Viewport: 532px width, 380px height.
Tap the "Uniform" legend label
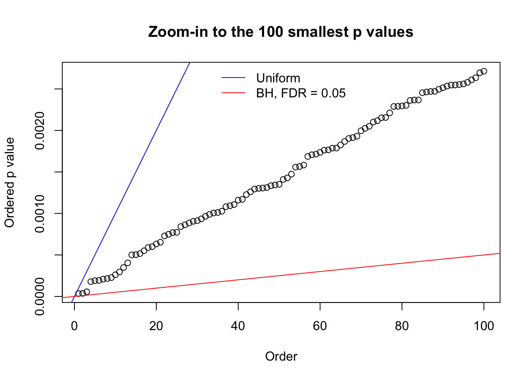click(278, 78)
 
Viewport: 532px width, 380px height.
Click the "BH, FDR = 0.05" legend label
click(300, 93)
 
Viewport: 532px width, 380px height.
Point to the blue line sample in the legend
click(233, 78)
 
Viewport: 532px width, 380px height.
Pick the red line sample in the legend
click(233, 93)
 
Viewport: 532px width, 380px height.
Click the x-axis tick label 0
click(74, 326)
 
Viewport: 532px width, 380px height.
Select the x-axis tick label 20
click(156, 326)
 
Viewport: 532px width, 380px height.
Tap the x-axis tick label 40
click(238, 326)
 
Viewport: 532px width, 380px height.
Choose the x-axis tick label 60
click(320, 326)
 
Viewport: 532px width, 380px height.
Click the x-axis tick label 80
click(402, 326)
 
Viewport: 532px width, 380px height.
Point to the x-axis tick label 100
click(484, 326)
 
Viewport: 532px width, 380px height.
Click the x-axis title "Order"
click(281, 356)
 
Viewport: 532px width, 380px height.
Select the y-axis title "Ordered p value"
click(9, 182)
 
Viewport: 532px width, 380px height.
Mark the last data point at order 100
click(484, 71)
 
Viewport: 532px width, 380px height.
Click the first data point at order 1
click(78, 294)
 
